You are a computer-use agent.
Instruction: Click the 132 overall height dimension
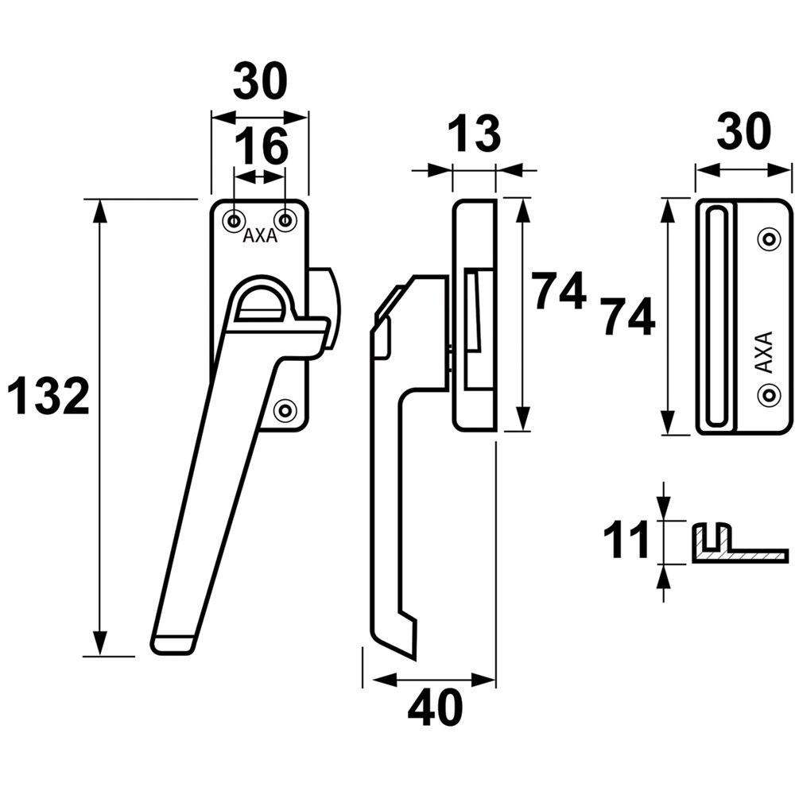pyautogui.click(x=48, y=397)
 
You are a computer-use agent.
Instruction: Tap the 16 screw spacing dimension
pyautogui.click(x=261, y=147)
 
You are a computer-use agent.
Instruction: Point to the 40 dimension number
pyautogui.click(x=435, y=707)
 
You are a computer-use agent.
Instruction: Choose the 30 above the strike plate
pyautogui.click(x=744, y=131)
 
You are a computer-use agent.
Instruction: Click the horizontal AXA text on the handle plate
pyautogui.click(x=260, y=236)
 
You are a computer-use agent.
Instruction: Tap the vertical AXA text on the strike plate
pyautogui.click(x=762, y=352)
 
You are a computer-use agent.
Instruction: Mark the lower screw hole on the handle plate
pyautogui.click(x=285, y=409)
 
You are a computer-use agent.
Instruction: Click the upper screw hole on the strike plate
pyautogui.click(x=768, y=238)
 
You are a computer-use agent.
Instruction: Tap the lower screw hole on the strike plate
pyautogui.click(x=768, y=392)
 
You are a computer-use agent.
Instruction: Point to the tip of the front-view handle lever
pyautogui.click(x=173, y=644)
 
